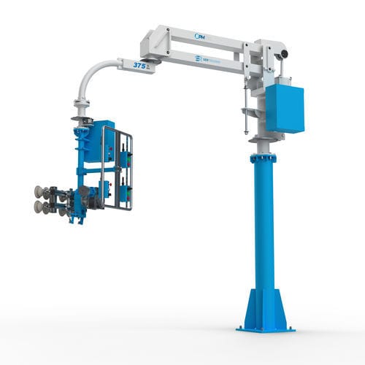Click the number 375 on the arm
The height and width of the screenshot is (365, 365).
142,64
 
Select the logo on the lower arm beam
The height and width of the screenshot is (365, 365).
207,57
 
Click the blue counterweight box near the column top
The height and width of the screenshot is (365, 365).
284,108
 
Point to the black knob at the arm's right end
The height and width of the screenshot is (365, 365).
284,53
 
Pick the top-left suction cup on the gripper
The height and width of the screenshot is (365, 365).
38,192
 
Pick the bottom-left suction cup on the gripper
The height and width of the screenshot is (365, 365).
38,207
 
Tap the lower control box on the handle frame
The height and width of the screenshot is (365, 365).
126,191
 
